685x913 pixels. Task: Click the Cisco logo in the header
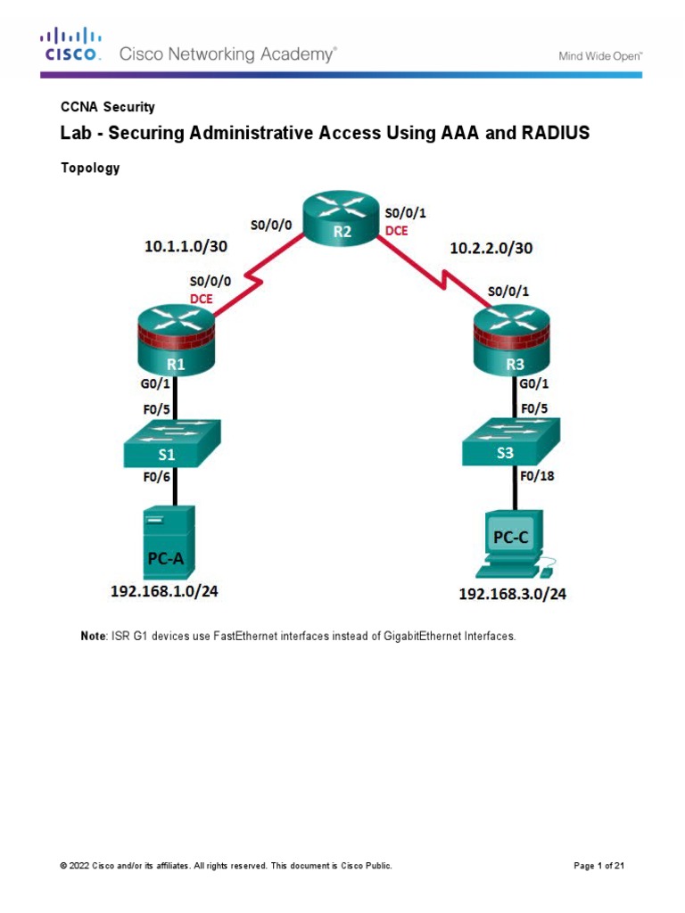tap(70, 45)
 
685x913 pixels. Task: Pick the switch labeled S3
tap(510, 443)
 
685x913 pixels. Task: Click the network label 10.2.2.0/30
tap(492, 249)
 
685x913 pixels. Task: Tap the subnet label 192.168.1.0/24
tap(164, 590)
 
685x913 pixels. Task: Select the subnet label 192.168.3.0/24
tap(512, 595)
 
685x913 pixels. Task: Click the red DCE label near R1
tap(201, 299)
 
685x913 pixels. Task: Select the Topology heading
tap(89, 168)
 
